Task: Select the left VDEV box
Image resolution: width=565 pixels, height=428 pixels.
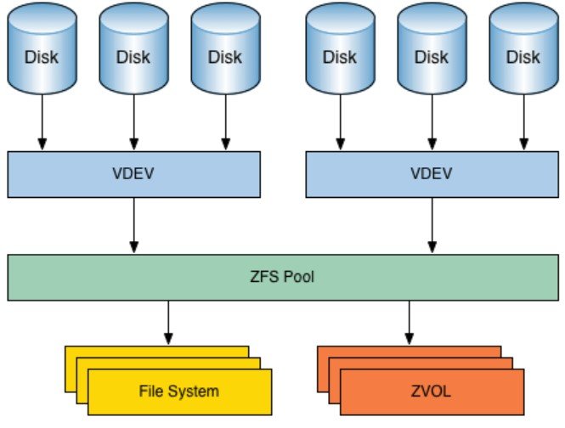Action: (133, 175)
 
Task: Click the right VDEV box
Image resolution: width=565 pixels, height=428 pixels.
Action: (431, 175)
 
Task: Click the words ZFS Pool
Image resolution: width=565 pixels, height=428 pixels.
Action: (282, 277)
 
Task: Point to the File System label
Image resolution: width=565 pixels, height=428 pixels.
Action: (178, 391)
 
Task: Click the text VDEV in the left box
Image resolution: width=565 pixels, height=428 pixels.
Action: (133, 175)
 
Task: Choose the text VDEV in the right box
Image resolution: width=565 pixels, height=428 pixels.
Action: (431, 175)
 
